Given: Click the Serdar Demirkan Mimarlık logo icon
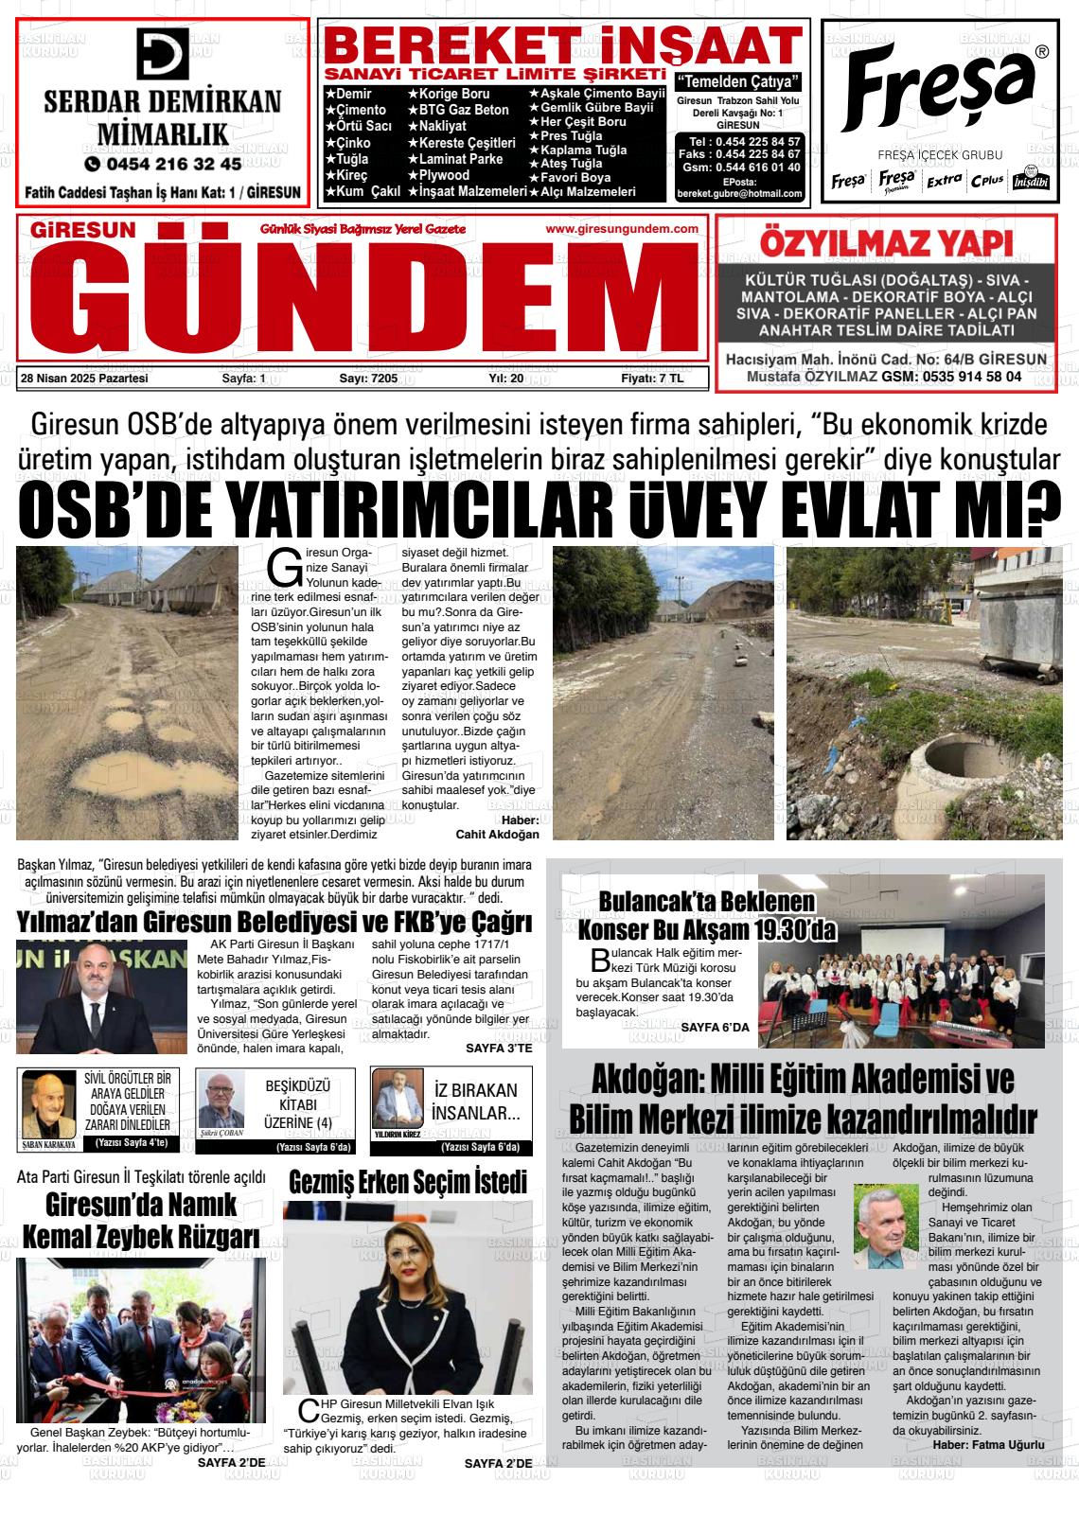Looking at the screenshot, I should point(164,53).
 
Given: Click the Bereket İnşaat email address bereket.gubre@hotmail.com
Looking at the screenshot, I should point(740,194).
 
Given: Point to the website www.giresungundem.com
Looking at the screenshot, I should point(622,229).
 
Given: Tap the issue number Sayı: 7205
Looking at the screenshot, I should point(368,379).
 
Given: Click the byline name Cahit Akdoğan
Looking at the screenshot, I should point(497,835).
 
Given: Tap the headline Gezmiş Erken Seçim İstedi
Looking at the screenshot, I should point(408,1182).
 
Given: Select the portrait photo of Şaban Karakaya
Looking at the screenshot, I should point(48,1104).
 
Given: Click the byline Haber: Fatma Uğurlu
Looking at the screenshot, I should point(987,1445).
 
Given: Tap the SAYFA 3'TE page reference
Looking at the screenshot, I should point(499,1049).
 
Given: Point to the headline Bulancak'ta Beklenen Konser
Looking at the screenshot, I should point(706,914).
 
